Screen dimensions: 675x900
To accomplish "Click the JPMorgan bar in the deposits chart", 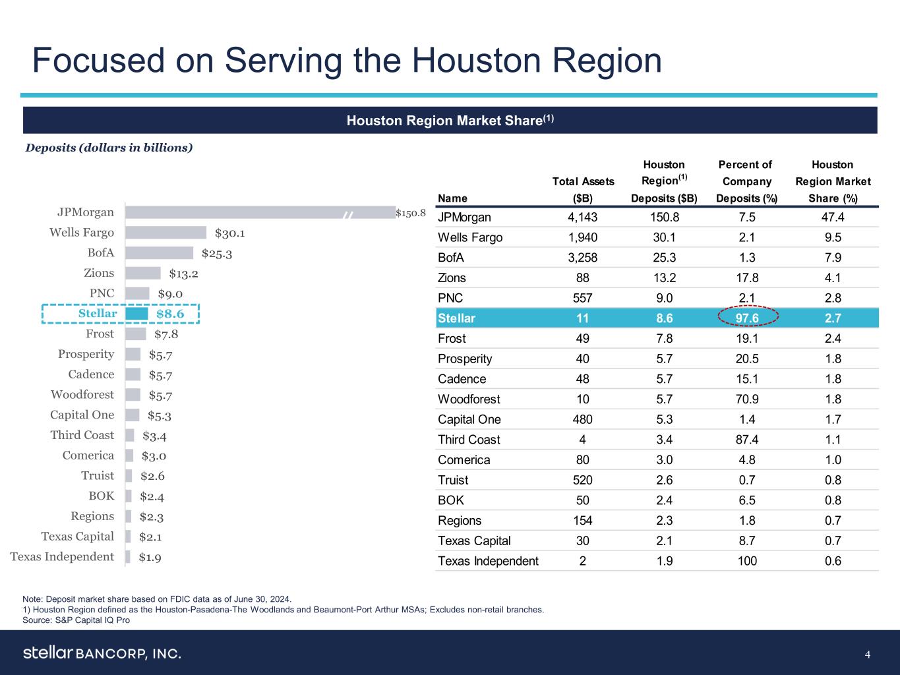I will (257, 212).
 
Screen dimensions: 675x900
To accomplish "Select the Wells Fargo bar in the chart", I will (165, 233).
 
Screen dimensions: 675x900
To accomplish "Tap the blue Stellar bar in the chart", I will (136, 314).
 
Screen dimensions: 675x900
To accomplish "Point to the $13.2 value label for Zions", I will (184, 274).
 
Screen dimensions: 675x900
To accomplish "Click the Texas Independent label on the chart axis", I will (62, 557).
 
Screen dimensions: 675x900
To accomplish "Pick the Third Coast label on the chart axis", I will (82, 435).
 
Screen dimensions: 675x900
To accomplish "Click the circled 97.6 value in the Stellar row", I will (746, 318).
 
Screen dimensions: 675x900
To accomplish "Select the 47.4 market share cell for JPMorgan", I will (833, 218).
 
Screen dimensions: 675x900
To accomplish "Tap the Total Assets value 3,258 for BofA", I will (582, 258).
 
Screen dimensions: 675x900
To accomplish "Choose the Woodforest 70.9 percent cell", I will (746, 399).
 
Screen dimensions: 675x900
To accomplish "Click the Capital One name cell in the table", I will (469, 420).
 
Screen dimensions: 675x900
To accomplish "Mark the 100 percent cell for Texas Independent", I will (746, 562).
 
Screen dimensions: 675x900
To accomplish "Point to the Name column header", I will (452, 198).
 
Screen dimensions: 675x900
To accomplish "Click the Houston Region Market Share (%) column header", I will (833, 181).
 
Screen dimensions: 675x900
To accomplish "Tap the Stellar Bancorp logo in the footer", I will (102, 653).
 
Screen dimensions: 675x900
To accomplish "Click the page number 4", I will (868, 655).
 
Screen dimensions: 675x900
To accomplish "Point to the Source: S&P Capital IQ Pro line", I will (76, 620).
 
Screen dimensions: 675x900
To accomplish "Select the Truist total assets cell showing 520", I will (582, 481).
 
